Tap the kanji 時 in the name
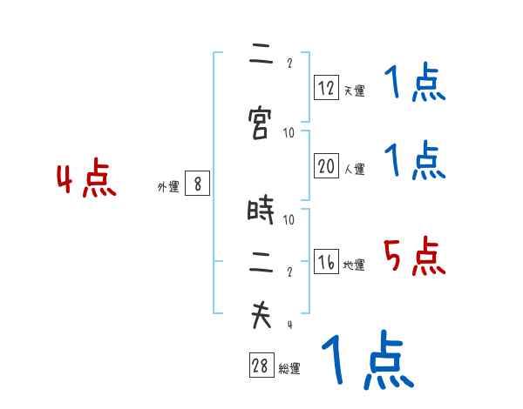pos(260,209)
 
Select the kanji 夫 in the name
pos(261,315)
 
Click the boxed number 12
pos(326,87)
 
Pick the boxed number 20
pos(326,165)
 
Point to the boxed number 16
pos(326,261)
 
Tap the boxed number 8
pos(198,184)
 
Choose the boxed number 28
pos(261,365)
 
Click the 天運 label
pos(355,91)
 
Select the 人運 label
pos(355,169)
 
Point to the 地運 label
pos(354,265)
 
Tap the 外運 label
pos(168,186)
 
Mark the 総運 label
pos(289,368)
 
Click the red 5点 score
pos(415,256)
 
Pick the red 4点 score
pos(86,178)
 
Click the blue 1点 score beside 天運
pos(415,82)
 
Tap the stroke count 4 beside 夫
pos(290,325)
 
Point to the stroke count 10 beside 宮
pos(289,133)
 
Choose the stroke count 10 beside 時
pos(289,219)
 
